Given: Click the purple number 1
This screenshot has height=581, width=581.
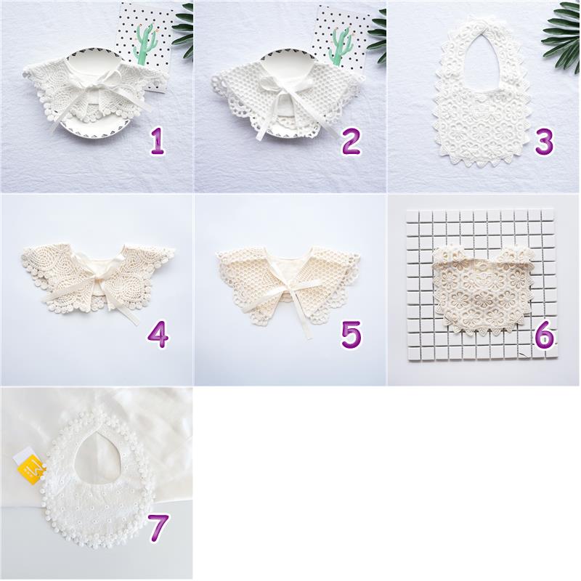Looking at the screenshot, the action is tap(158, 141).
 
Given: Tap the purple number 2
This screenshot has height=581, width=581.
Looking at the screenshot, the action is tap(351, 141).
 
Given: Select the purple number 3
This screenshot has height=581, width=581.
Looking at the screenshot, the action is tap(544, 141).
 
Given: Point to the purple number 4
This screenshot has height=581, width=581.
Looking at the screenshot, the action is tap(158, 334).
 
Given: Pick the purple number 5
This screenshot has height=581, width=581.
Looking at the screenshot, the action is tap(351, 334).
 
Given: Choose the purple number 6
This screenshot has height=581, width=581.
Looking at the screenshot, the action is tap(545, 334).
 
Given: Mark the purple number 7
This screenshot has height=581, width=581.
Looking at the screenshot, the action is tap(158, 528).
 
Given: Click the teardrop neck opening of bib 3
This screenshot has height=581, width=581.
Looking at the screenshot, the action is tap(483, 60).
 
